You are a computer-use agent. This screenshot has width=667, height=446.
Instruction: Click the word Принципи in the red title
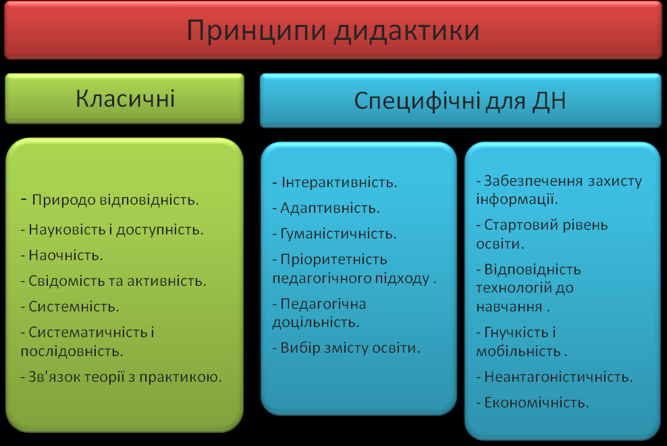[257, 31]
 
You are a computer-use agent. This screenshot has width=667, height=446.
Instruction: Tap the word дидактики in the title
[406, 32]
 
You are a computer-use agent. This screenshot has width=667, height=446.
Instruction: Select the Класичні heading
[125, 99]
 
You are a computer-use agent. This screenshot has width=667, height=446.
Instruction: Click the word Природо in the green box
[63, 200]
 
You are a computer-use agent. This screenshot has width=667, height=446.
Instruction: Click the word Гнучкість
[516, 332]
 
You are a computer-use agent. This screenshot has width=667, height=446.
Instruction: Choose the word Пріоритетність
[334, 259]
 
